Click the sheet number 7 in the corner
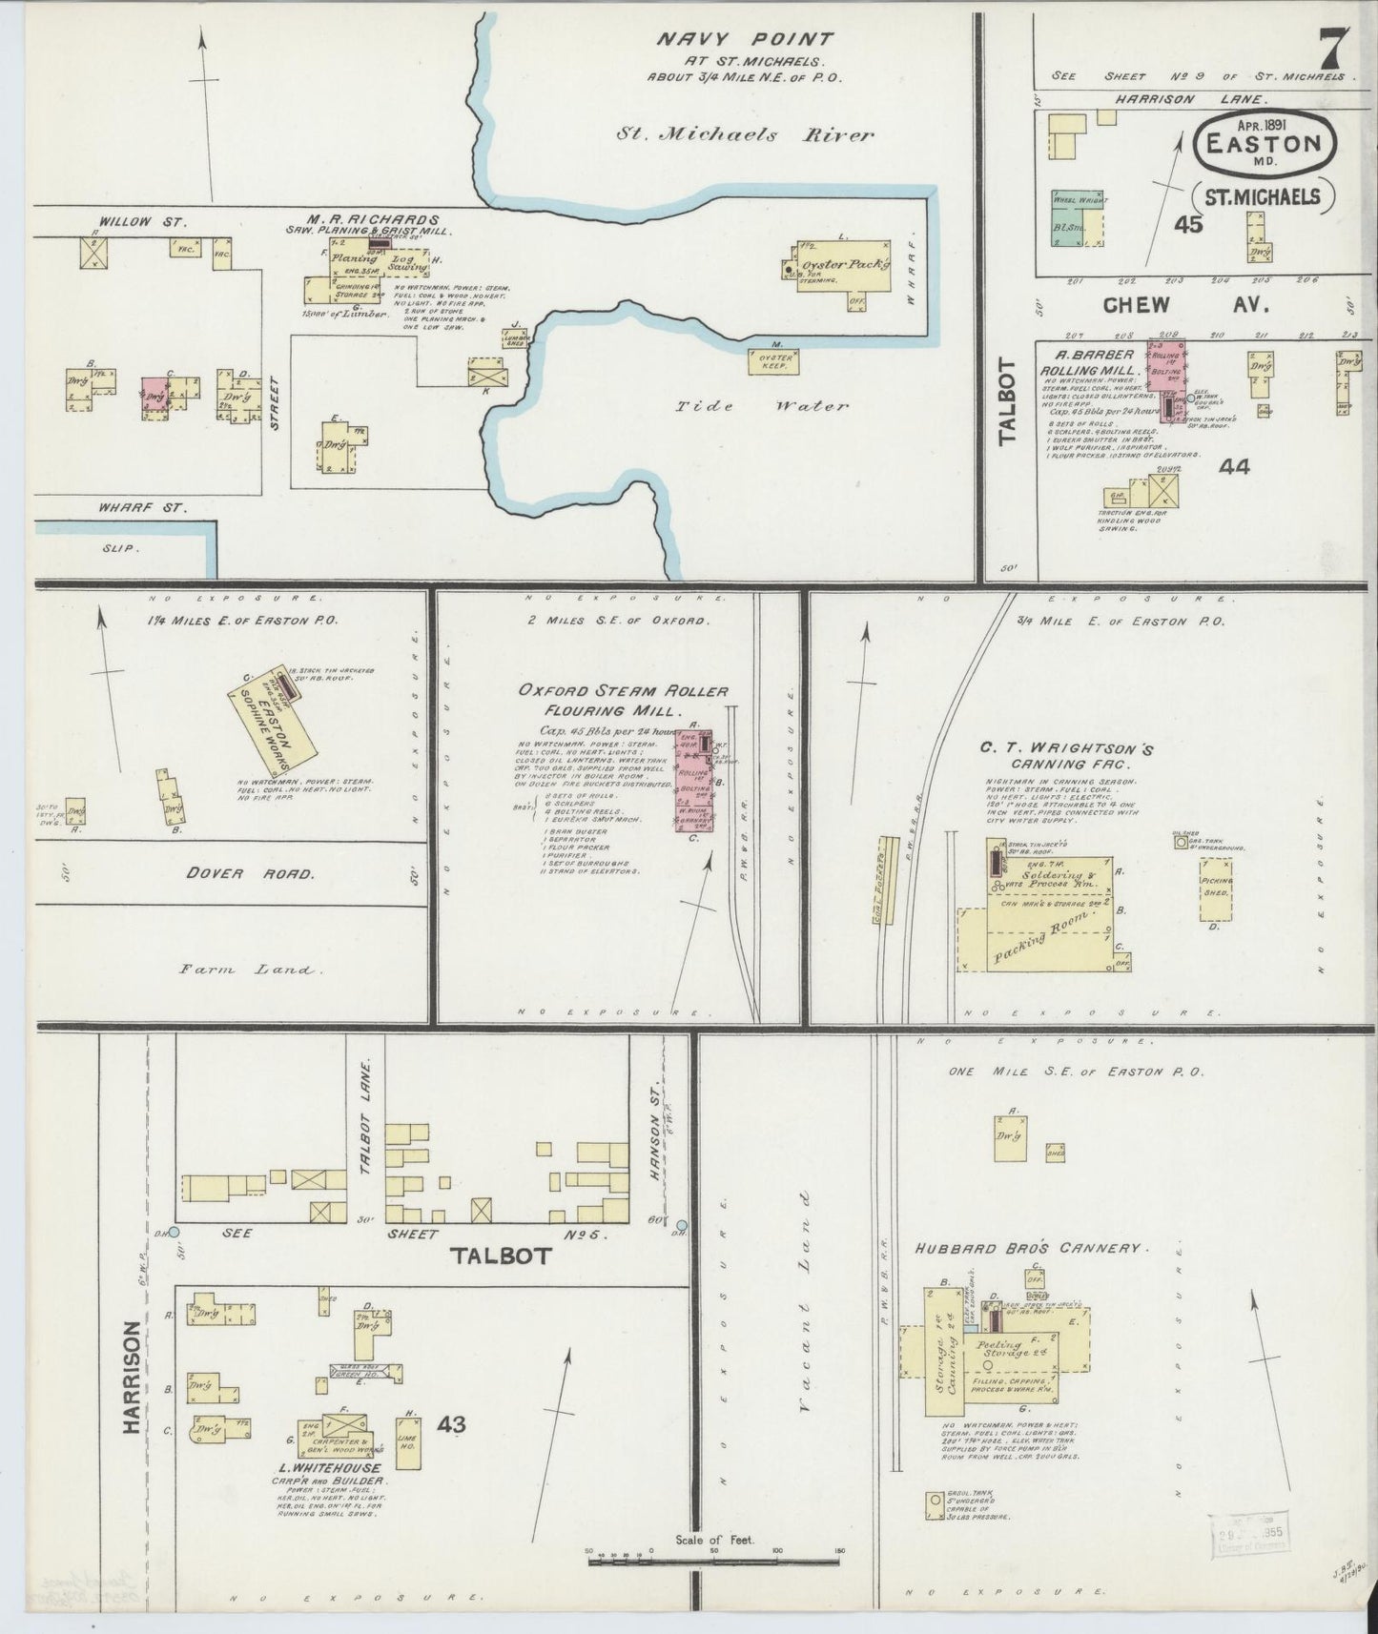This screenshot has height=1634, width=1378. click(x=1333, y=48)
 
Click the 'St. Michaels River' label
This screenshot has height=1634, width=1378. click(x=744, y=135)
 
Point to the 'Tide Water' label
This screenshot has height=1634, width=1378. click(x=762, y=406)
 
